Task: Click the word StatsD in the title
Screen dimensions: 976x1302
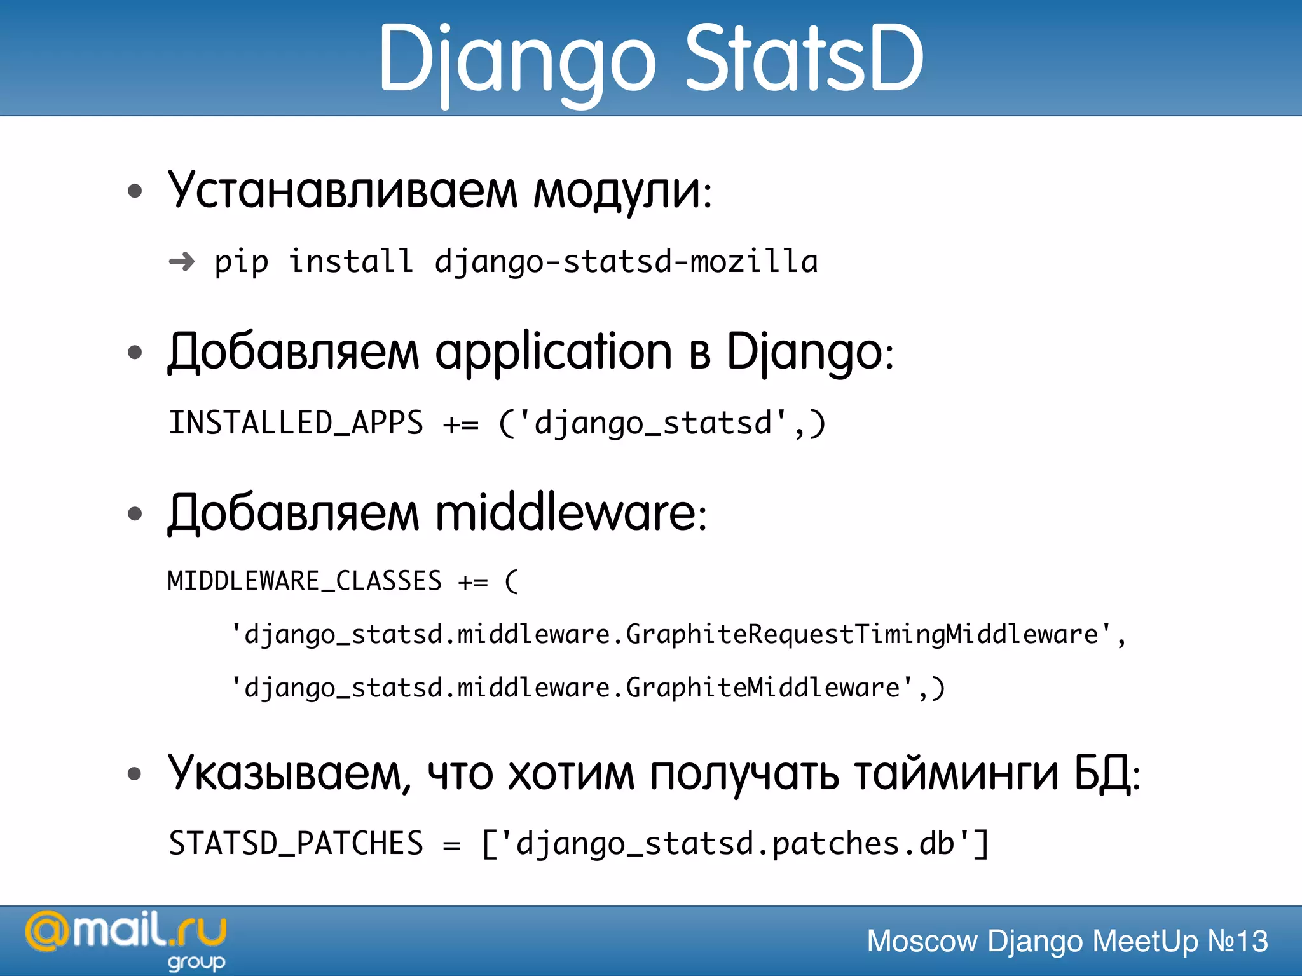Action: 804,58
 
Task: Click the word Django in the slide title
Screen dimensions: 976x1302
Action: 516,60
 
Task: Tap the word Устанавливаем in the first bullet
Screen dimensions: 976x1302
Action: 343,190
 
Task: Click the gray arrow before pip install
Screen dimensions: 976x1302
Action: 182,261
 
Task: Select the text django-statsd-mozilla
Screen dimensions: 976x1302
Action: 626,262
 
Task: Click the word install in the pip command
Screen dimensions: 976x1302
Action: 351,262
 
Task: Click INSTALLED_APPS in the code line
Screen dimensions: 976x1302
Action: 296,423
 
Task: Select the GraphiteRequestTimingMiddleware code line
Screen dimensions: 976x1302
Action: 677,635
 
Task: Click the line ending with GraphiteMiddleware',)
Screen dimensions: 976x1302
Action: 587,688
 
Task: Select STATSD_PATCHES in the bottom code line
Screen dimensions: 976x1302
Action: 296,844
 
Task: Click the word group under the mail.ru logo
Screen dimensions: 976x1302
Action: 196,963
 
